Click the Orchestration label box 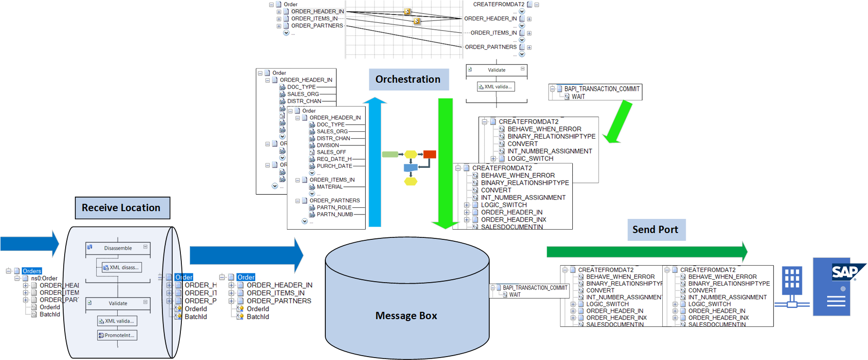click(x=408, y=79)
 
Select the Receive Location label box click(x=122, y=208)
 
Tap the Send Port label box click(x=655, y=230)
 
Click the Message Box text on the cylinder click(x=406, y=316)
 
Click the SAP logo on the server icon click(x=845, y=272)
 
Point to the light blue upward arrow click(x=375, y=165)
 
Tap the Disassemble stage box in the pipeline click(x=118, y=248)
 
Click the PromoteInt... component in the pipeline click(x=117, y=335)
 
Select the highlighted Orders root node click(x=32, y=271)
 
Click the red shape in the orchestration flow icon click(x=429, y=155)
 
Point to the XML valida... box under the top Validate click(x=496, y=87)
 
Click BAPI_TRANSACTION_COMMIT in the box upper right click(x=602, y=89)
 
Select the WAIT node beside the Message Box click(x=514, y=295)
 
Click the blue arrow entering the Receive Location click(x=29, y=243)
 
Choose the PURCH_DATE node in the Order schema click(x=334, y=166)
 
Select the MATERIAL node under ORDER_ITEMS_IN click(x=329, y=187)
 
